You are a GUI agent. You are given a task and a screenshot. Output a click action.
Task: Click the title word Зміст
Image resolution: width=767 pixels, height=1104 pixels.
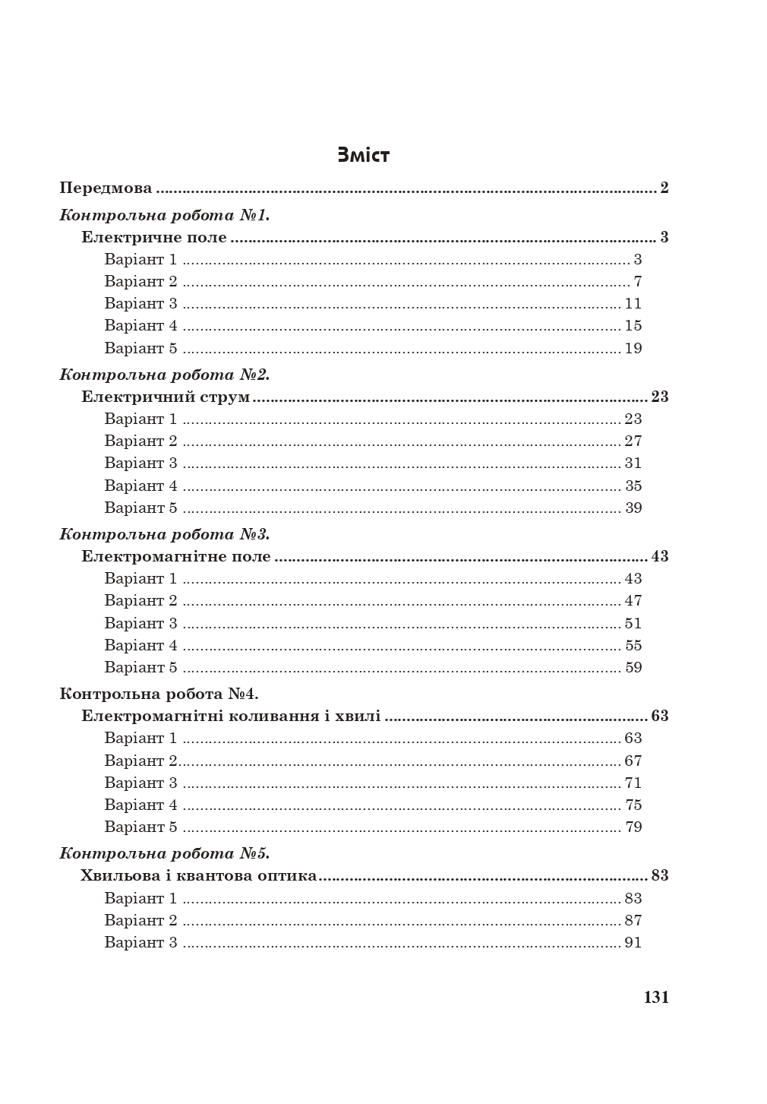363,156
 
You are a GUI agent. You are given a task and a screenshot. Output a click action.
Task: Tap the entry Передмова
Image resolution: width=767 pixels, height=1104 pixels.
106,188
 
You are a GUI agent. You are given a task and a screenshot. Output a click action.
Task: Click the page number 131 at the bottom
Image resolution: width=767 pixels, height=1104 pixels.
656,998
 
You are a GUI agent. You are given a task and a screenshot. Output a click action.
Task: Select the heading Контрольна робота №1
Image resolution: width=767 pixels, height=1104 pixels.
165,215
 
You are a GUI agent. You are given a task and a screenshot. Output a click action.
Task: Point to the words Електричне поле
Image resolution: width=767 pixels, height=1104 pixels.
154,237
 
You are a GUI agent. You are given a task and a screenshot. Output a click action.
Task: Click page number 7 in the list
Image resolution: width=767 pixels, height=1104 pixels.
638,282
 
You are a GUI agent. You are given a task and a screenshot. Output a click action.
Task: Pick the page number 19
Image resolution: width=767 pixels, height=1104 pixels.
633,349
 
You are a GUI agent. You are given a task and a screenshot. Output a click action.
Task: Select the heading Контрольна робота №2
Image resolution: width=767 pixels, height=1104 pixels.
165,375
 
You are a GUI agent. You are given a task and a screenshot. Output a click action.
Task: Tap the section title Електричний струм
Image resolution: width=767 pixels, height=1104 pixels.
166,397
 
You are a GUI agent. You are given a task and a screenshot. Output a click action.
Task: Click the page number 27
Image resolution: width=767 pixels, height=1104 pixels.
633,441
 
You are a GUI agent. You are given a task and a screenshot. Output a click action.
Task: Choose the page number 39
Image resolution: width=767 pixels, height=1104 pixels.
633,508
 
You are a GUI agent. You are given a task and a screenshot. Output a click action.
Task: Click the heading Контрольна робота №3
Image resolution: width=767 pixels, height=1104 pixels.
165,534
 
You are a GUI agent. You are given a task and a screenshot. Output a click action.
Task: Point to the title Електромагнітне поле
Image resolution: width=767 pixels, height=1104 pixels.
176,556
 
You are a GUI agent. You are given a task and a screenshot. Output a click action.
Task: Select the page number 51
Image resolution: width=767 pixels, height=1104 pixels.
633,623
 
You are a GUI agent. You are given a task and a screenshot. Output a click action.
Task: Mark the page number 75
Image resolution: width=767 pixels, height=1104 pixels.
633,805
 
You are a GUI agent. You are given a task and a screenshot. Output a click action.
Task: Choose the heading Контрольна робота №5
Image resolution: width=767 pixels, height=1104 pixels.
165,853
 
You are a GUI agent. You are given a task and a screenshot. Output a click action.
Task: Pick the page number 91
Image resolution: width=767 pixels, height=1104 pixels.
633,942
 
